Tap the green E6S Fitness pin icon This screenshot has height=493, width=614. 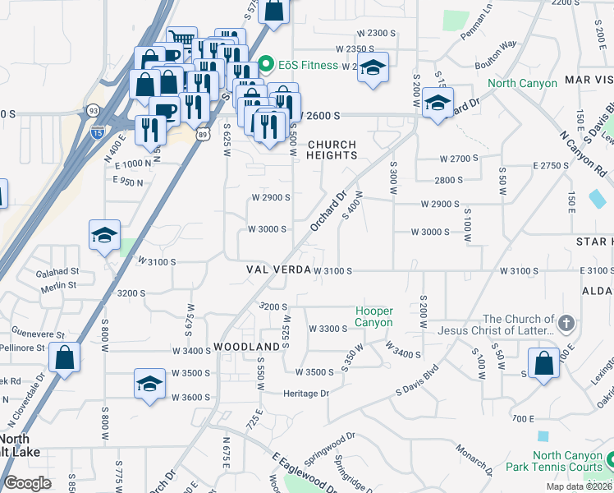click(x=265, y=62)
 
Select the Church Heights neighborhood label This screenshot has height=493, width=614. click(x=332, y=149)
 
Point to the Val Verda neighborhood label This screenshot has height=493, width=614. click(x=278, y=270)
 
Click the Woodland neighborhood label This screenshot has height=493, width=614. click(x=247, y=348)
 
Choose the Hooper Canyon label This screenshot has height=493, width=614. click(x=374, y=316)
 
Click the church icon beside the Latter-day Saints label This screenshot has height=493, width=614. click(x=565, y=324)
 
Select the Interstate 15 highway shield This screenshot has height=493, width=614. click(x=99, y=131)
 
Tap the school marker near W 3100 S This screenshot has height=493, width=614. click(x=104, y=236)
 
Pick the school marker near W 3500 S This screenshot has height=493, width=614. click(x=149, y=385)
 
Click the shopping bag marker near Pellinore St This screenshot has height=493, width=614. click(x=64, y=358)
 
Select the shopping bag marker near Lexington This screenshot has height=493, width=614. click(x=543, y=365)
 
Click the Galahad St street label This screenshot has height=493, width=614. click(x=57, y=270)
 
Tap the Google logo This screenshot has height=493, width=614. click(x=28, y=483)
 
